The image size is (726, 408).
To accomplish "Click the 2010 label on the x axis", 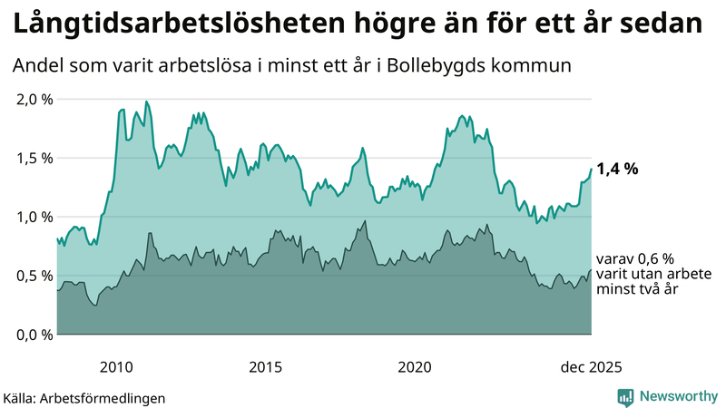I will tap(116, 367).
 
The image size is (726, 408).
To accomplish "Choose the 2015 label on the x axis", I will tap(265, 367).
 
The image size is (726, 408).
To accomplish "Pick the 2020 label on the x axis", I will tap(414, 367).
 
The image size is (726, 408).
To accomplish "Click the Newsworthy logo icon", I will tap(625, 396).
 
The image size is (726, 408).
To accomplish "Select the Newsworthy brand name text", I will tap(680, 396).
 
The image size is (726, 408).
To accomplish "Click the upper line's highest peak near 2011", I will tap(147, 102).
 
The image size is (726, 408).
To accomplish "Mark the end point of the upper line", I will tap(591, 169).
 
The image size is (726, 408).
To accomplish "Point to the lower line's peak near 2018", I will tap(365, 220).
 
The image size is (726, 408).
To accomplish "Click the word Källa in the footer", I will tap(19, 397).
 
